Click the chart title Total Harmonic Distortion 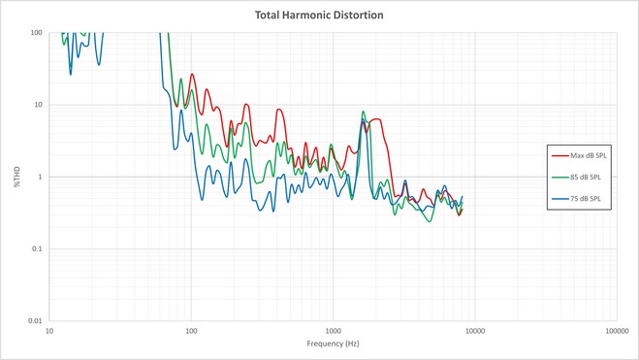[319, 16]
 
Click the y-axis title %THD [17, 177]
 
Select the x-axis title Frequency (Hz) [333, 344]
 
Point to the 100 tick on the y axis [36, 33]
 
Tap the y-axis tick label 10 [38, 105]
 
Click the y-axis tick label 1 [40, 177]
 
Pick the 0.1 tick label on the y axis [37, 248]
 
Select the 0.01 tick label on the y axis [35, 321]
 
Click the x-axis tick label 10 [49, 331]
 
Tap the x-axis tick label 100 [191, 331]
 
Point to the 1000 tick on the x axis [333, 331]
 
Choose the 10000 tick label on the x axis [475, 331]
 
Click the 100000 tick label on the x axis [617, 331]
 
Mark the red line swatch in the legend [560, 156]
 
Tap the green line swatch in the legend [560, 178]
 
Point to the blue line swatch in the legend [560, 199]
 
